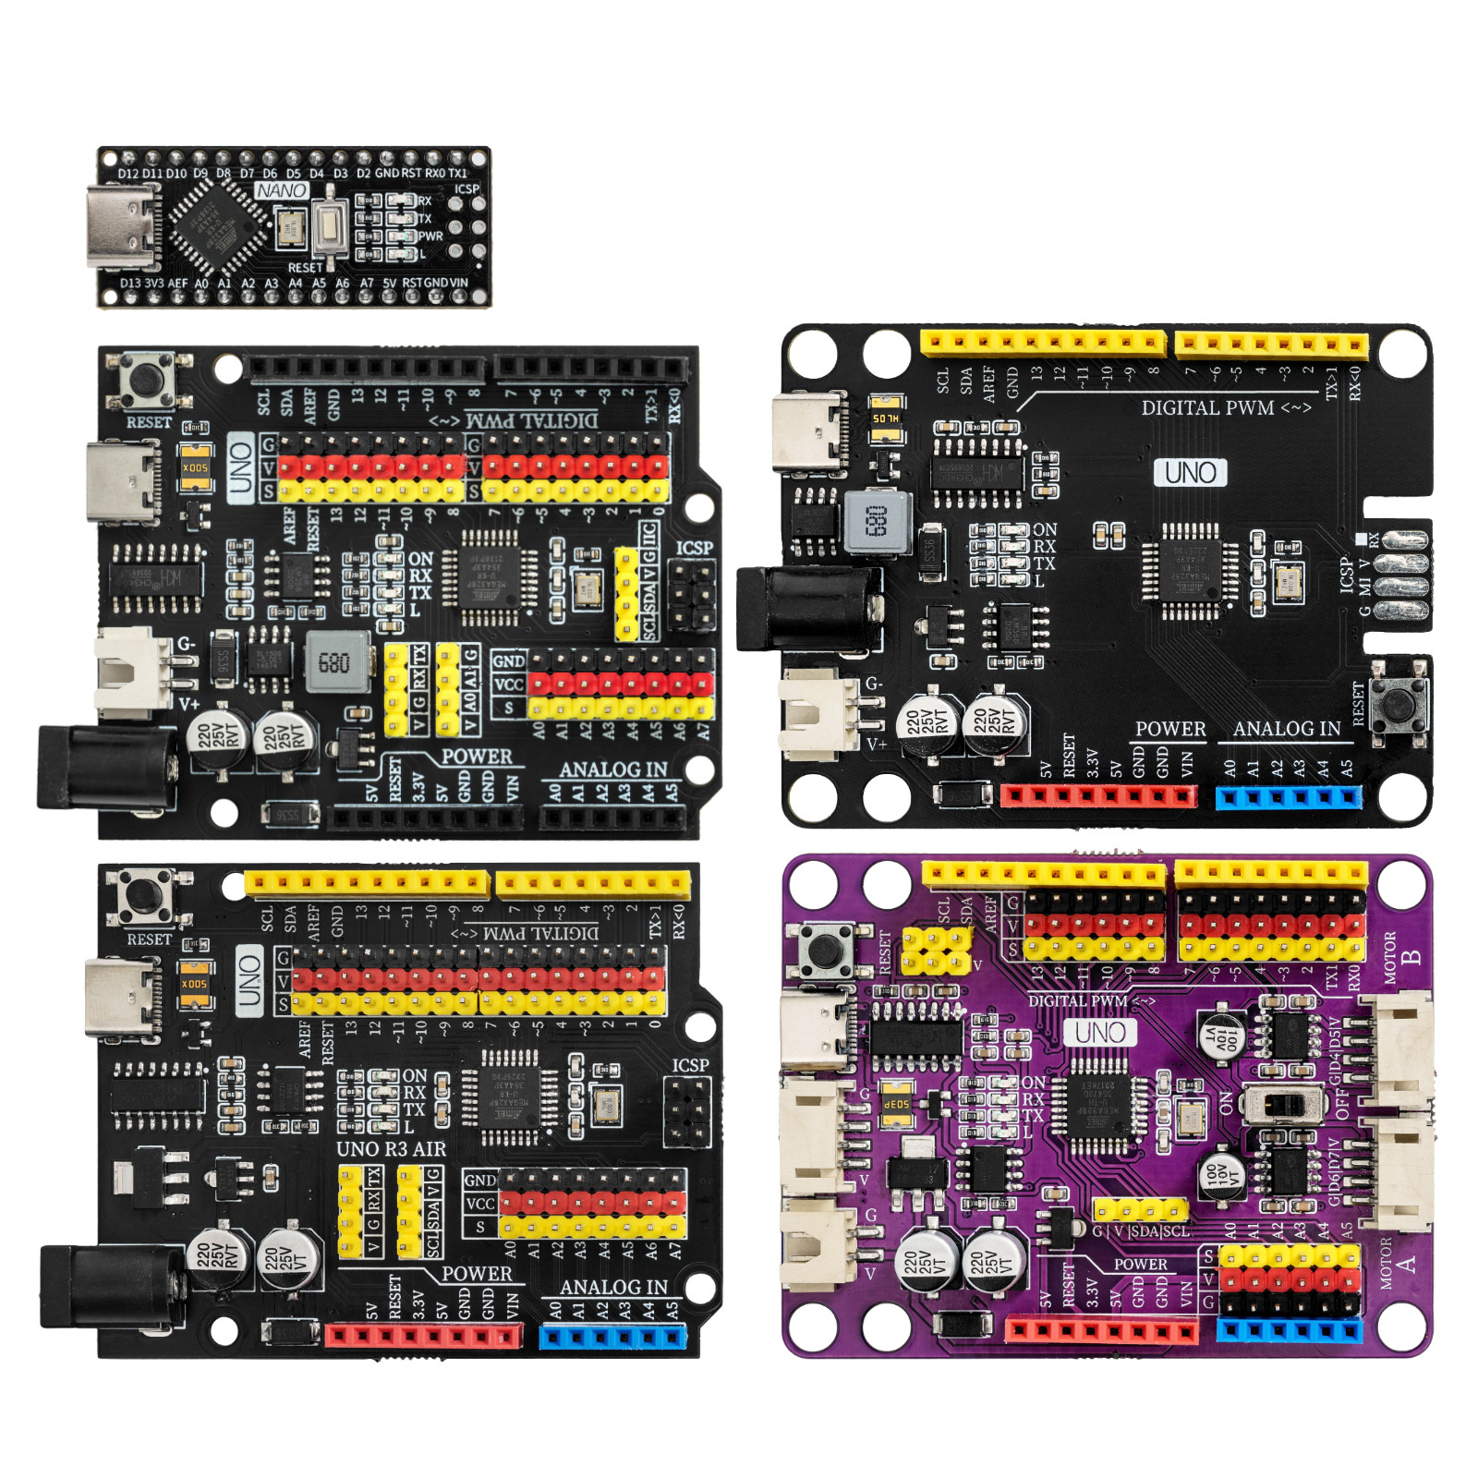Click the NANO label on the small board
tap(282, 190)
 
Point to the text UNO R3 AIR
tap(391, 1149)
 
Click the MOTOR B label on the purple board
tap(1400, 958)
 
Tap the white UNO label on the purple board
tap(1100, 1032)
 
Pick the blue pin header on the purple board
tap(1289, 1331)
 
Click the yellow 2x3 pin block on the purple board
tap(936, 951)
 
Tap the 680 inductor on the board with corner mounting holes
tap(877, 522)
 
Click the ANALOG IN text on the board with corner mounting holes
tap(1287, 729)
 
